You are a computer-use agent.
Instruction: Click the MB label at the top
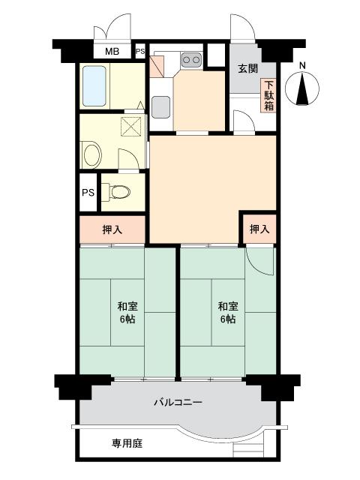(111, 52)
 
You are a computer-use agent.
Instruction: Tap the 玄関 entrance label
(248, 69)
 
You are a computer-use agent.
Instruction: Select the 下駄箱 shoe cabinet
(268, 94)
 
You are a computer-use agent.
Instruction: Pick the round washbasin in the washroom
(91, 155)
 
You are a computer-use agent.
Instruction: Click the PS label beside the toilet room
(88, 193)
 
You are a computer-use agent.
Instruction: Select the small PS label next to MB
(140, 52)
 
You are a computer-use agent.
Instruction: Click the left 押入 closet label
(112, 229)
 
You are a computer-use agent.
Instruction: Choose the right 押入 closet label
(259, 229)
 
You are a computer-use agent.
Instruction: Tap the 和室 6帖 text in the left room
(127, 312)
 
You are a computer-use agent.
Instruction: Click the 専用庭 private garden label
(127, 443)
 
